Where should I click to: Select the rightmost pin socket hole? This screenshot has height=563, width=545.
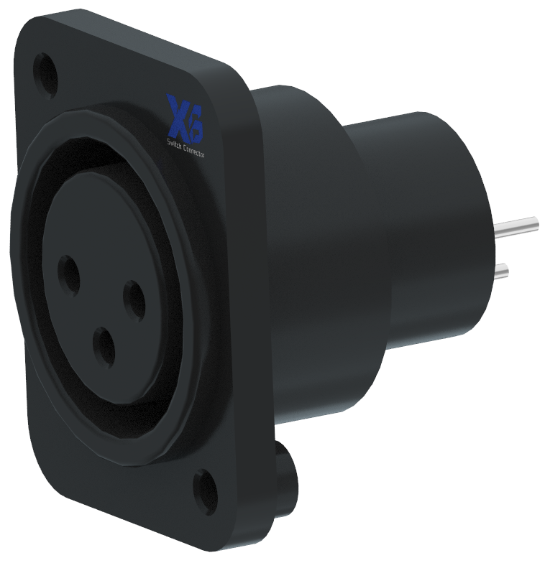[134, 299]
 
